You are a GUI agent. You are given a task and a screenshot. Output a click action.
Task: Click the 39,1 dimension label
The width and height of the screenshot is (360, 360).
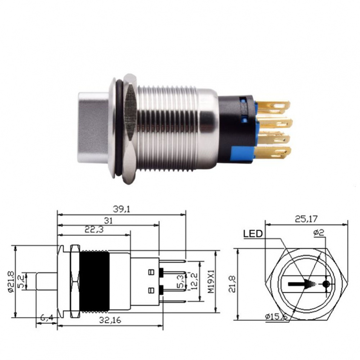(121, 209)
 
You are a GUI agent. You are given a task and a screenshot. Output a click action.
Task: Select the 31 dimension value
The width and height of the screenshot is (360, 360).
(108, 221)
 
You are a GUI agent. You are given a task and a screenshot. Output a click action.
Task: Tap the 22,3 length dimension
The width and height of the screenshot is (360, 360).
(94, 230)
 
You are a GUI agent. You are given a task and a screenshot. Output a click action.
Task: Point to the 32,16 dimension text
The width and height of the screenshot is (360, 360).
(110, 320)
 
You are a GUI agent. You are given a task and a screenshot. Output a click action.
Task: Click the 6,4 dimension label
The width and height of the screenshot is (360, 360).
(47, 318)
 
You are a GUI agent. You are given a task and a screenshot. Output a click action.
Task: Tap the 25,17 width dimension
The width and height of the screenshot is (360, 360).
(306, 219)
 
